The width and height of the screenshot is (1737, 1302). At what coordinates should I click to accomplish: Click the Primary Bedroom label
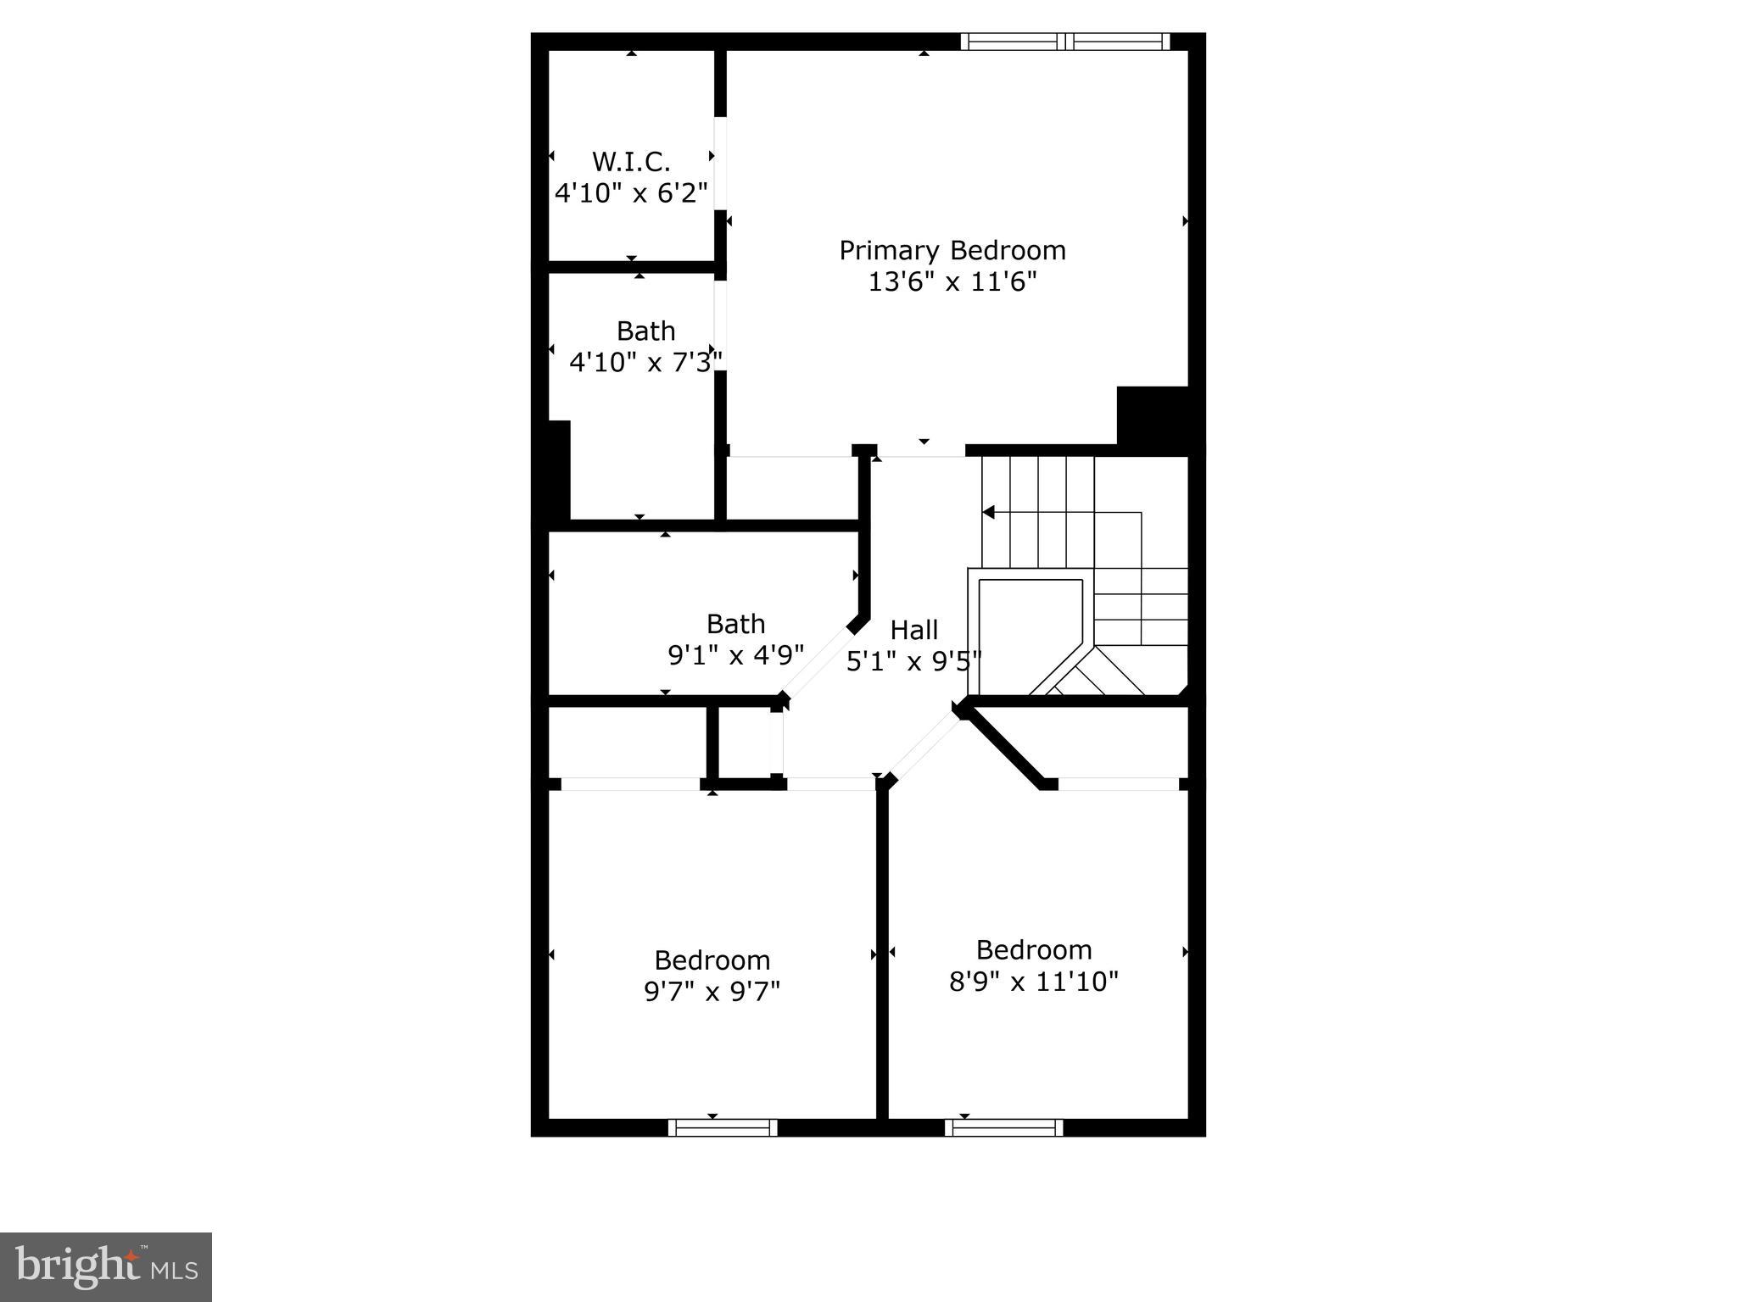point(952,250)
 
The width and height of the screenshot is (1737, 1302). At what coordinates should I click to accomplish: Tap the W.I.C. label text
point(631,161)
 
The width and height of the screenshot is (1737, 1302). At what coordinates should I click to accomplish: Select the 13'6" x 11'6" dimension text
point(952,281)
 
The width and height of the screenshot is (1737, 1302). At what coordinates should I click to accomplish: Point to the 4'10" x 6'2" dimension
point(631,193)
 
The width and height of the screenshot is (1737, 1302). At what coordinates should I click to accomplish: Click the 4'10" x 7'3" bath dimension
point(645,363)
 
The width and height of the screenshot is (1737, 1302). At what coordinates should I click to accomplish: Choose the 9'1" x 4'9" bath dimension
point(735,655)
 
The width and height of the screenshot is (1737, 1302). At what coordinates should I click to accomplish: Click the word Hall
point(913,630)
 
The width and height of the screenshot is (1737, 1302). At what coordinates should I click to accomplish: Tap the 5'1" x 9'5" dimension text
point(913,661)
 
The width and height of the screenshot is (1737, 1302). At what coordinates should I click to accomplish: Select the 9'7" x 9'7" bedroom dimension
point(712,991)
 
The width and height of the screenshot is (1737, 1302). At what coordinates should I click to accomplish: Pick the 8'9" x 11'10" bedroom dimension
point(1033,982)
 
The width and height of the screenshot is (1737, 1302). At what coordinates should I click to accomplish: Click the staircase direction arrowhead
point(988,512)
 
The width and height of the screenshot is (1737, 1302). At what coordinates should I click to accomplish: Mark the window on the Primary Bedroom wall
point(1065,42)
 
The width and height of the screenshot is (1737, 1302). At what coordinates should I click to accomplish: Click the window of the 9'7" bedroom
point(723,1127)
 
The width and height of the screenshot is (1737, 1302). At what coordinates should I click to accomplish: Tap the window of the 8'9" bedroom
point(1004,1127)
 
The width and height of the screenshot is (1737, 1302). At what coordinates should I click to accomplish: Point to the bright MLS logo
point(106,1266)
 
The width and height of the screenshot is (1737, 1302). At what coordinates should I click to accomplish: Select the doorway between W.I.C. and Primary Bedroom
point(720,163)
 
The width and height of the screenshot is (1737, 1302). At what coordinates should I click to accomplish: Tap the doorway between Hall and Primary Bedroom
point(921,450)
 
